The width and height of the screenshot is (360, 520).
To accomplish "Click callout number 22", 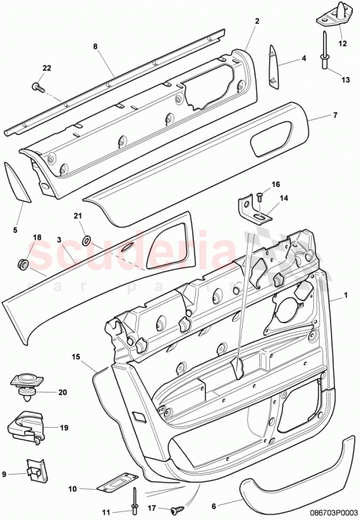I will pos(47,68).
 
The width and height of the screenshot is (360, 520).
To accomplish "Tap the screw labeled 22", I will pos(35,86).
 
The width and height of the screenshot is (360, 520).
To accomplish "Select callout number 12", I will pos(343,42).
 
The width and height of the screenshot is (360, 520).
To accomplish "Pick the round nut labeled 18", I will pos(21,264).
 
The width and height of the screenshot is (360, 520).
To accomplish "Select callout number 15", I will pos(76,356).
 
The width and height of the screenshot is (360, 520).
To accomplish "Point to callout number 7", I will pos(334,115).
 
